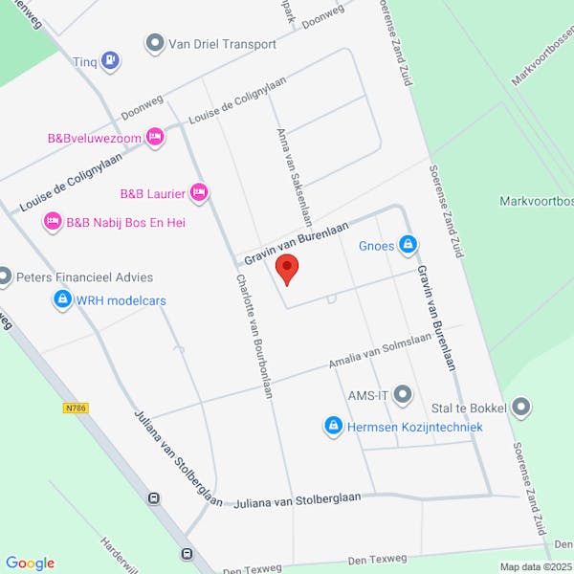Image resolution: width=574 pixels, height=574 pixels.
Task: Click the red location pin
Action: tap(287, 269)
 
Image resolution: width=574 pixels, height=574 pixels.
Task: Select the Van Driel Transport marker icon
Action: tap(155, 44)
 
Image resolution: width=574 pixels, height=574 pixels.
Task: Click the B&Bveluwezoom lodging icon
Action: tap(155, 138)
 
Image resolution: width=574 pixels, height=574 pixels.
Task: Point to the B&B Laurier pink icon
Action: tap(199, 193)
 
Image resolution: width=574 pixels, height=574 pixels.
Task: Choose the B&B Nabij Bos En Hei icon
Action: tap(52, 222)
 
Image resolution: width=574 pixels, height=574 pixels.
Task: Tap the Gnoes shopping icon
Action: tap(408, 246)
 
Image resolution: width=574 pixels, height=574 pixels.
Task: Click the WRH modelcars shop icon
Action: tap(62, 300)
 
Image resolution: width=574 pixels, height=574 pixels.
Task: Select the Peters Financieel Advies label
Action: tap(85, 277)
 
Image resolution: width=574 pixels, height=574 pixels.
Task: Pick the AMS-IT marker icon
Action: tap(403, 394)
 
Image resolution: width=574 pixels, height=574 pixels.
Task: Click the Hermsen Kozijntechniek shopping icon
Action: tap(334, 426)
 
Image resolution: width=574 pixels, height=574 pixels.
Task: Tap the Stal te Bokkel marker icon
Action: tap(521, 408)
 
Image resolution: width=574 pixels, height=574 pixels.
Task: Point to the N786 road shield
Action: tap(77, 408)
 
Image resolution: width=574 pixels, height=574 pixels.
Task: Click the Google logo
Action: tap(30, 563)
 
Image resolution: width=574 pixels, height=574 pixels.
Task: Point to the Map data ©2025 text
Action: tap(534, 566)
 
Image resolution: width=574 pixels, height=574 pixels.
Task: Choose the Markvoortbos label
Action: tap(536, 202)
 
